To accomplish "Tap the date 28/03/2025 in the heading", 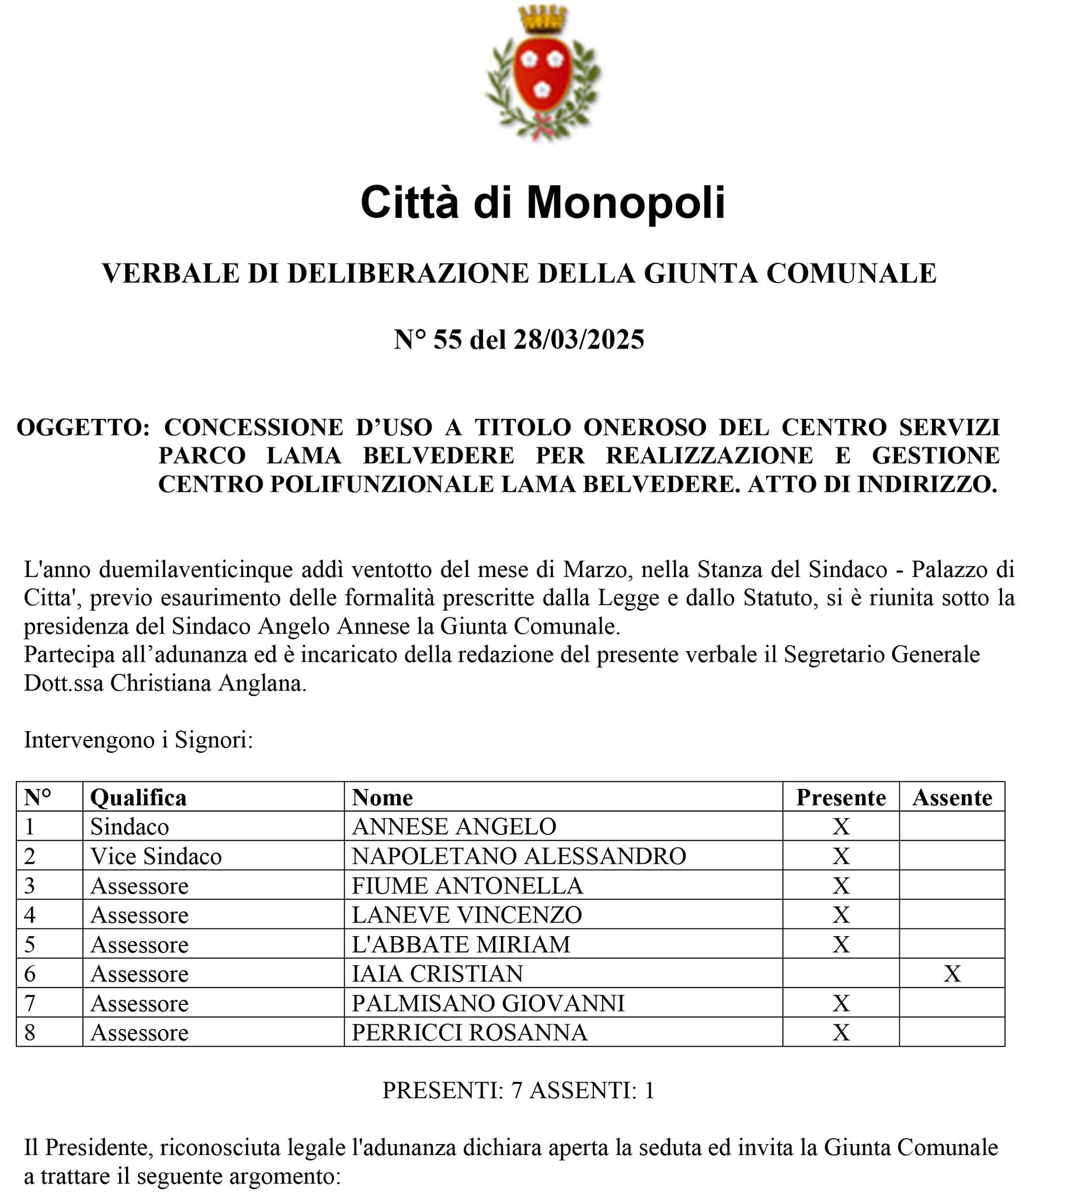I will (x=578, y=339).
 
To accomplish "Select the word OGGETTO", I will (x=83, y=427).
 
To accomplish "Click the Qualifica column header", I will (x=138, y=798).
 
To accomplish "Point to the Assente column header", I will (x=952, y=798).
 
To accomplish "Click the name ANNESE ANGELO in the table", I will (x=454, y=827).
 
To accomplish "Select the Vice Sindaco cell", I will (x=156, y=856).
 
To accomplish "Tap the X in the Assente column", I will (x=952, y=974).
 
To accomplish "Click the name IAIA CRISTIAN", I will (x=437, y=974).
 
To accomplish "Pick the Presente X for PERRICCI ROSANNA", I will (x=840, y=1033).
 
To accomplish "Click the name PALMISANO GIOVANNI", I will (x=488, y=1004).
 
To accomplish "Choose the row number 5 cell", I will (x=30, y=945).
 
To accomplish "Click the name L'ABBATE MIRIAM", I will (x=461, y=945).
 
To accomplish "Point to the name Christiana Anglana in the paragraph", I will (x=208, y=683).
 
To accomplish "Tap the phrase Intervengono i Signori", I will (x=138, y=740).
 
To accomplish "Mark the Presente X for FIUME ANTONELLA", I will (x=840, y=886).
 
